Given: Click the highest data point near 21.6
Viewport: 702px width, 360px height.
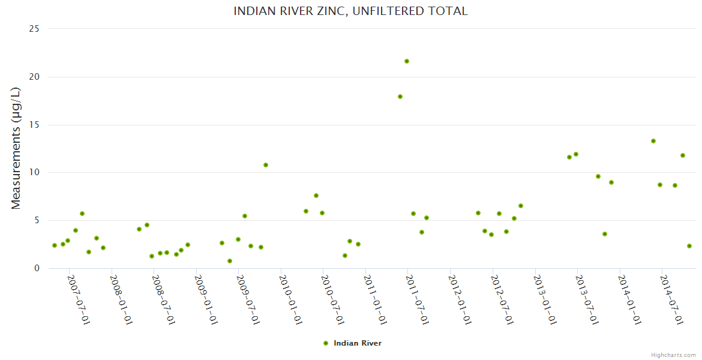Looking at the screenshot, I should click(x=407, y=61).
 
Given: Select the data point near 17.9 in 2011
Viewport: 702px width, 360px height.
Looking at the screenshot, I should click(x=400, y=97).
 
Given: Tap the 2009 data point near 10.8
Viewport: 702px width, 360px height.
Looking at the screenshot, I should click(x=266, y=165).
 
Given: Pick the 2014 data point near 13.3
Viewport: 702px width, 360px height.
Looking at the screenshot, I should click(x=653, y=141).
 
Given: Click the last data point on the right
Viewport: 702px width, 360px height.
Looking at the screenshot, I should click(x=689, y=246).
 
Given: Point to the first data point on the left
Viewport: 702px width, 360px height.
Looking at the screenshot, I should click(x=55, y=245).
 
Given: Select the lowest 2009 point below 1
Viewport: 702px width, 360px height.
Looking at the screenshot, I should click(x=230, y=261).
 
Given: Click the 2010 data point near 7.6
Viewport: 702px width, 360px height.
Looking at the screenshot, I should click(x=316, y=196).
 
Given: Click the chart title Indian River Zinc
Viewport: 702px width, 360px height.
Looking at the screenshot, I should click(x=350, y=11).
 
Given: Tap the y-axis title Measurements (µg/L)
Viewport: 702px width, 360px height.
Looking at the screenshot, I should click(x=16, y=148).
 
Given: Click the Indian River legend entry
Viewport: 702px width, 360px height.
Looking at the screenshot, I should click(x=352, y=343).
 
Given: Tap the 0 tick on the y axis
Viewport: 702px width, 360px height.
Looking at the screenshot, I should click(x=37, y=268).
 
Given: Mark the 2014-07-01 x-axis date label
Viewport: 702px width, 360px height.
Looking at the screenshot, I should click(x=672, y=299).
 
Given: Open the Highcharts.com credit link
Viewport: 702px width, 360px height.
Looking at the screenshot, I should click(x=673, y=355).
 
